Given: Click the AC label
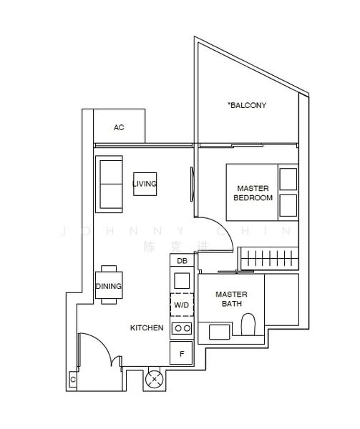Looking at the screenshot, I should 119,127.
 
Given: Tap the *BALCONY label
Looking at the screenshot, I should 247,106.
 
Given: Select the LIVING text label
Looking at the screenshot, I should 144,184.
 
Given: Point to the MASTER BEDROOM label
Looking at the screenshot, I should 253,193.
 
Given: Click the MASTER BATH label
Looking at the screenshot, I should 231,299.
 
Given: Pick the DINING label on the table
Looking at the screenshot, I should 109,286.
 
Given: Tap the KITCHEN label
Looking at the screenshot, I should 147,328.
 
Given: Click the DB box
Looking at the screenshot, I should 182,261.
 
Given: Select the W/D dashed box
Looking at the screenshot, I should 182,305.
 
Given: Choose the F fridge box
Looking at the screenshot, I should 182,352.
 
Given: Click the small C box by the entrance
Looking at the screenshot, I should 73,379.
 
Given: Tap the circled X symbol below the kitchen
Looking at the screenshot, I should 154,380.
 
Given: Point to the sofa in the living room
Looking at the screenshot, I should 110,184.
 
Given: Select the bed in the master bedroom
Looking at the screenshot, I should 261,192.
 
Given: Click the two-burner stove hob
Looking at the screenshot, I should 182,328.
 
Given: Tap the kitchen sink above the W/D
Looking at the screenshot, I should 182,280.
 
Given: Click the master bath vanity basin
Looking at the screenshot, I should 220,331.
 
